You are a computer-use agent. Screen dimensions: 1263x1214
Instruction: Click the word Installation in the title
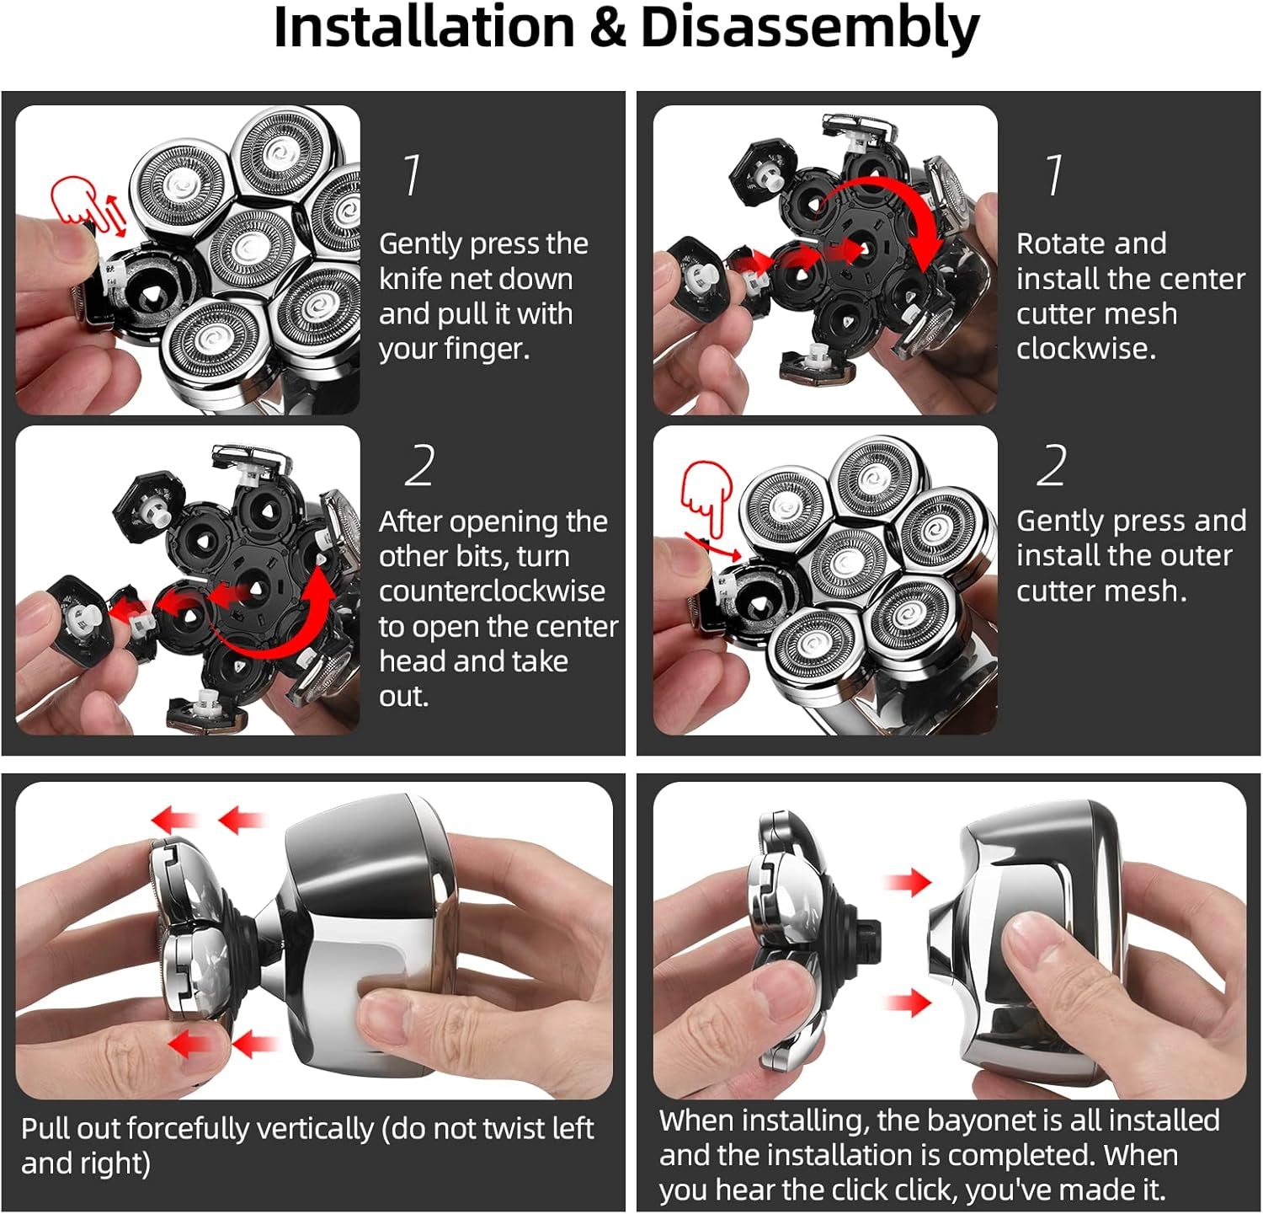(424, 28)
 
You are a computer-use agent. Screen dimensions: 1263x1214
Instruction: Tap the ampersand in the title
(608, 29)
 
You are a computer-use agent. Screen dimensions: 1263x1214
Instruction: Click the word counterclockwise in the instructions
(492, 591)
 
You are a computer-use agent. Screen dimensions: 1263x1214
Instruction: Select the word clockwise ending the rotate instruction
(1085, 348)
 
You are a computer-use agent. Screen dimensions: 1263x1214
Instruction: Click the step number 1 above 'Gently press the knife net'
(412, 175)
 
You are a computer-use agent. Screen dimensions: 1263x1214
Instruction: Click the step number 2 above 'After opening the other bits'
(419, 466)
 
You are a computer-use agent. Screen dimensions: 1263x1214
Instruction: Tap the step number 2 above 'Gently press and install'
(1052, 466)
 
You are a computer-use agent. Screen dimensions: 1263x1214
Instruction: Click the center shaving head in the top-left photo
(249, 248)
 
